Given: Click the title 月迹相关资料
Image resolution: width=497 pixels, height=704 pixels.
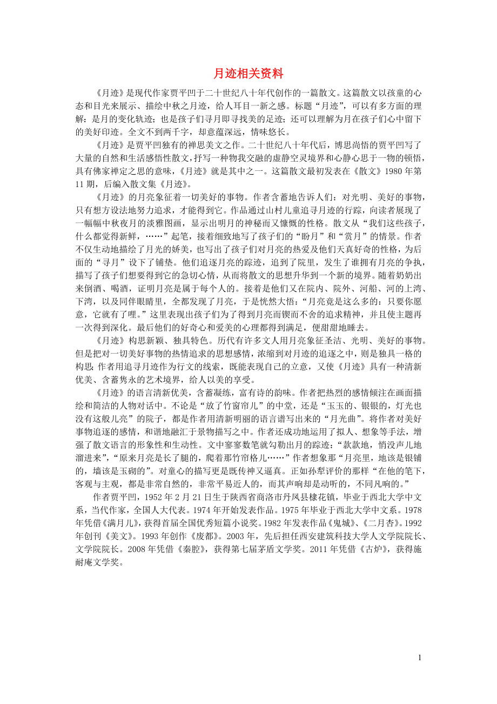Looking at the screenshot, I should click(249, 74).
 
